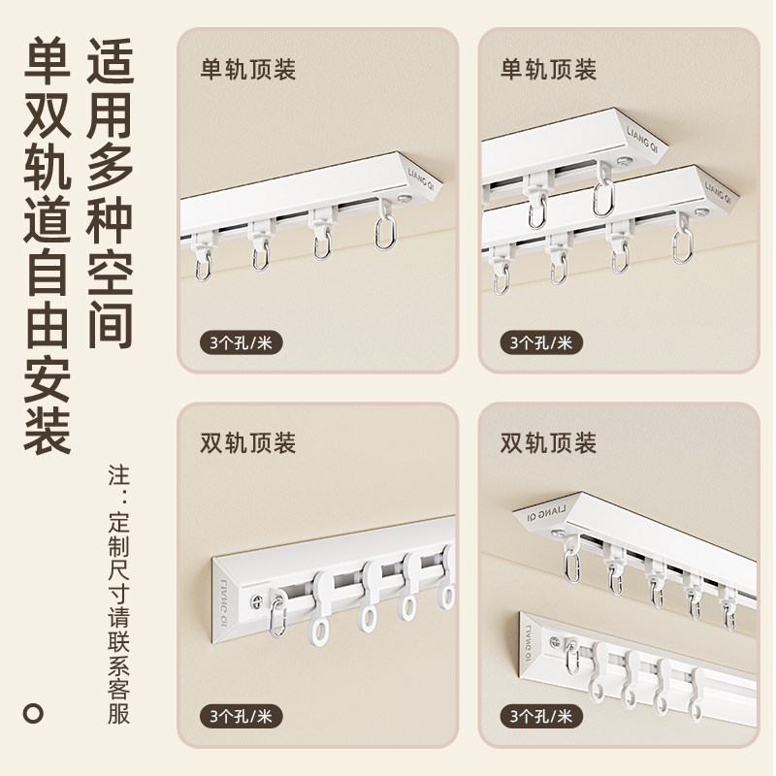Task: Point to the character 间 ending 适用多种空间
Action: click(x=110, y=322)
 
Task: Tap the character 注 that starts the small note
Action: click(x=119, y=476)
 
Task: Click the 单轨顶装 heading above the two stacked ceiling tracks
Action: click(x=548, y=70)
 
